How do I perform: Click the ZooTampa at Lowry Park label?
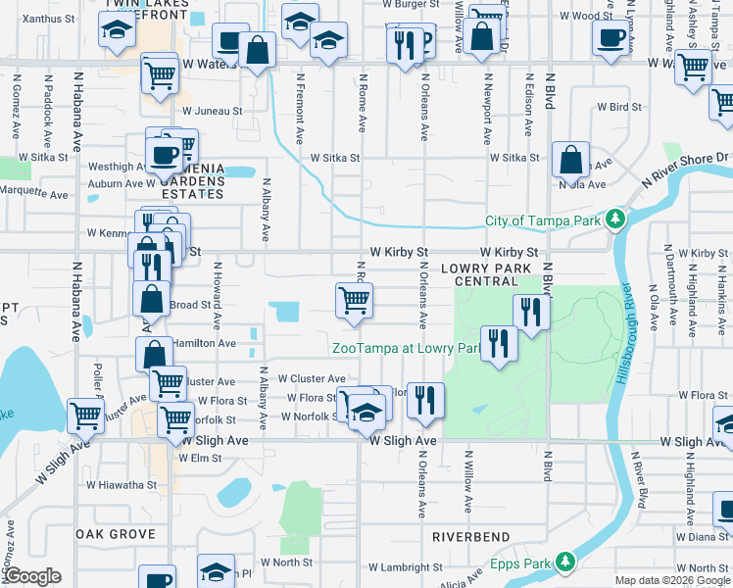click(405, 348)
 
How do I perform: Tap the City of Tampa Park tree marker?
click(614, 219)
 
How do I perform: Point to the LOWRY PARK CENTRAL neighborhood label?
click(486, 273)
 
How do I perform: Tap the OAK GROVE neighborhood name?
click(116, 534)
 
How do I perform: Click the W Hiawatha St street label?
click(121, 484)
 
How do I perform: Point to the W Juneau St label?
click(212, 112)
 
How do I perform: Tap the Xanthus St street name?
click(49, 19)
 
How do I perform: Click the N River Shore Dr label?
click(686, 169)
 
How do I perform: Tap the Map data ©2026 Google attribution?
click(672, 580)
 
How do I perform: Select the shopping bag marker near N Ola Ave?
click(569, 160)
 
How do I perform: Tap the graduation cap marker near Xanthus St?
click(118, 31)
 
